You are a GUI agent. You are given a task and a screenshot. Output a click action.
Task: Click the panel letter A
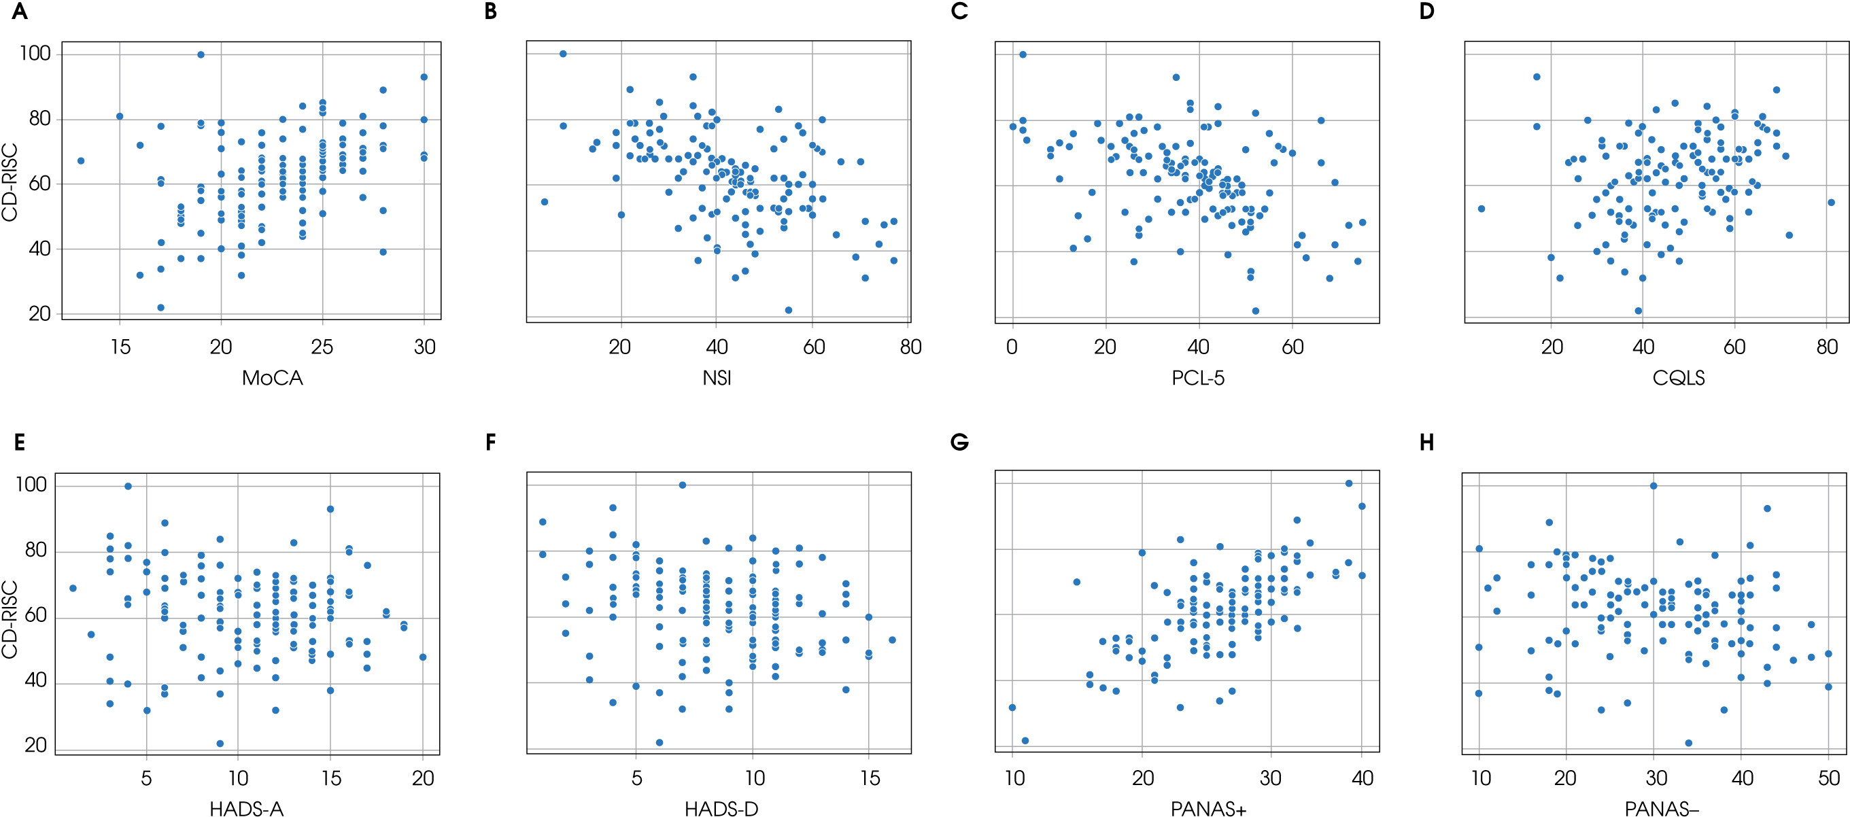pos(20,12)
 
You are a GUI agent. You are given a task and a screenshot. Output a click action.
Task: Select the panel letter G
pos(959,443)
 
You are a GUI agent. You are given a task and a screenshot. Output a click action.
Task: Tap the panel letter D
pos(1427,12)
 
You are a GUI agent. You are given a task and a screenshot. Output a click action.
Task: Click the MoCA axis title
pos(272,379)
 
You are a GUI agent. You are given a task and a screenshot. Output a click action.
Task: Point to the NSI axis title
pos(717,379)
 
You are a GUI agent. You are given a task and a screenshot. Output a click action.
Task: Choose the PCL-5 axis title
pos(1198,379)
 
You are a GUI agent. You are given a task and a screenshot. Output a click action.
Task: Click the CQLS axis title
pos(1679,379)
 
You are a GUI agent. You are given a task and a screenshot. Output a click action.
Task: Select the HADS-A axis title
pos(246,809)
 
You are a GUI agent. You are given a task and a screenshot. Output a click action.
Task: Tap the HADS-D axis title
pos(721,809)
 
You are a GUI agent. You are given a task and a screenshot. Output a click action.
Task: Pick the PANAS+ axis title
pos(1209,809)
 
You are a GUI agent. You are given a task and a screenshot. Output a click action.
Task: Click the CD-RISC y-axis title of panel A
pos(10,183)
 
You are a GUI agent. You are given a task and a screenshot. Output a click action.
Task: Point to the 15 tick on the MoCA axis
pos(120,347)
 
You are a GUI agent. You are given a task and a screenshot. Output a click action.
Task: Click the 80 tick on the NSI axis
pos(910,347)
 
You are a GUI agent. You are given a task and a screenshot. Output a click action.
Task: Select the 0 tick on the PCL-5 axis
pos(1012,347)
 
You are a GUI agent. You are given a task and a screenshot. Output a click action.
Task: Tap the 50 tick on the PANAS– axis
pos(1828,778)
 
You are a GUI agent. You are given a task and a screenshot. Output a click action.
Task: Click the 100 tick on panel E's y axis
pos(31,485)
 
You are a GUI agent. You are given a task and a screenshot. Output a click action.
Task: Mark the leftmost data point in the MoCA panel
pos(80,161)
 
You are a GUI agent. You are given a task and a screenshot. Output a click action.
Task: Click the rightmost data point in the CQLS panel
pos(1832,203)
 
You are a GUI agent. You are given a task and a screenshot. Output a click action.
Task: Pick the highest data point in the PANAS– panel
pos(1654,486)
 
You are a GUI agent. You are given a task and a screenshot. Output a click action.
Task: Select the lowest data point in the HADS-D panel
pos(660,742)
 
